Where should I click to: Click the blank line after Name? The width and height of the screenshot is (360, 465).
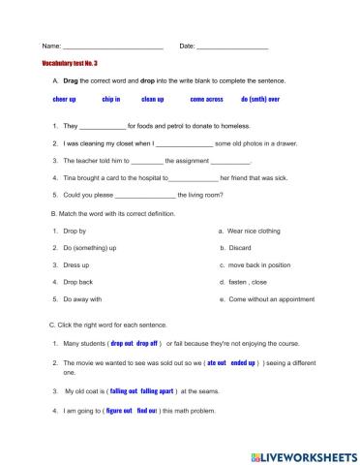[112, 47]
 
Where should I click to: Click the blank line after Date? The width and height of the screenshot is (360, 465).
[232, 47]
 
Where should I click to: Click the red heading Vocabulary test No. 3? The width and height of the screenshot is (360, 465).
[71, 63]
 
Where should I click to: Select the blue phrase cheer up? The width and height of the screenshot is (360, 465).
[64, 100]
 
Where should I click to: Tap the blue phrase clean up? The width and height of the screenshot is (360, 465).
[153, 100]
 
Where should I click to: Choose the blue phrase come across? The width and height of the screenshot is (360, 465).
[206, 100]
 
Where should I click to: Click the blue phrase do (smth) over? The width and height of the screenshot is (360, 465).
[260, 100]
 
